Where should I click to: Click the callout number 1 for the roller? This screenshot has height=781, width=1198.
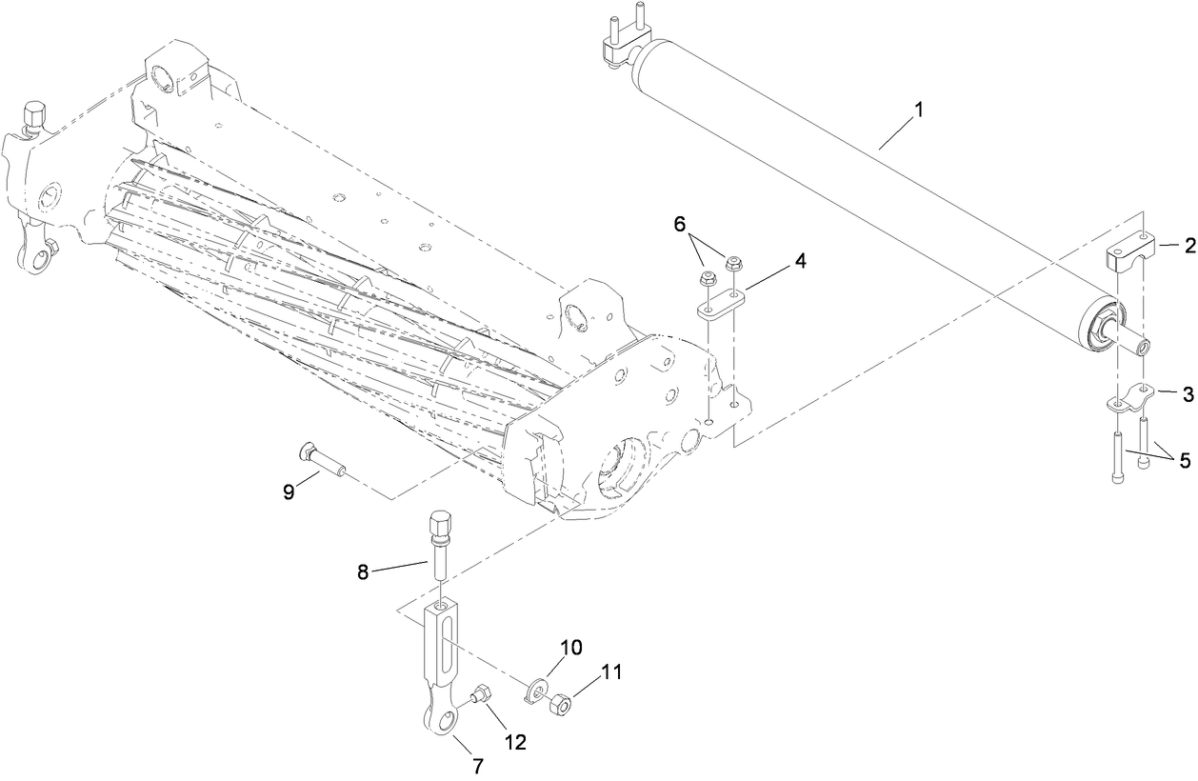918,110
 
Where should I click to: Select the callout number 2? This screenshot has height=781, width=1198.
1188,246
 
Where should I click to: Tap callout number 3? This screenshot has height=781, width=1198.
1188,393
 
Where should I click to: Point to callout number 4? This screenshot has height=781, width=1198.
800,260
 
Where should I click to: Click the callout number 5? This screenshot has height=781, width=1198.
1184,461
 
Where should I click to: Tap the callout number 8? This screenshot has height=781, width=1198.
363,571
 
